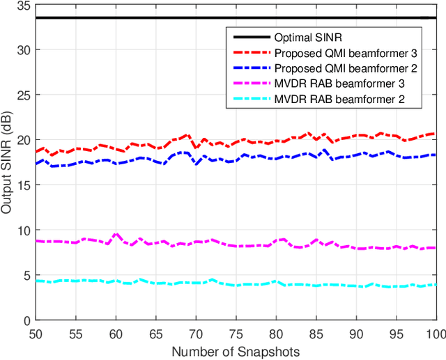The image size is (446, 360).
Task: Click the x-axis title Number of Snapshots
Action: click(x=236, y=352)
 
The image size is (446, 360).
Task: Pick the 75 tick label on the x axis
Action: click(x=236, y=334)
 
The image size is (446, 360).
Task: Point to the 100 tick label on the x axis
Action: click(x=435, y=334)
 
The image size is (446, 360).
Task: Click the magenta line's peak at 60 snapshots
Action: click(x=116, y=234)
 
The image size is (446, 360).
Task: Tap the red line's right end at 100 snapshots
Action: click(x=436, y=133)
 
